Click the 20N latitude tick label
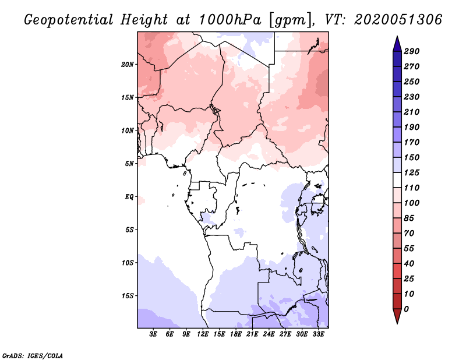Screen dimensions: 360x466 pyautogui.click(x=128, y=64)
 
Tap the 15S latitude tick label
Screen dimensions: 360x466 pyautogui.click(x=128, y=296)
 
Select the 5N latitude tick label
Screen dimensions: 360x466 pyautogui.click(x=129, y=164)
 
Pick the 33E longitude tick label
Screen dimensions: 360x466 pyautogui.click(x=319, y=334)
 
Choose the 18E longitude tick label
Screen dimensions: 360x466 pyautogui.click(x=236, y=334)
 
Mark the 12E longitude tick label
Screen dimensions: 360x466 pyautogui.click(x=203, y=334)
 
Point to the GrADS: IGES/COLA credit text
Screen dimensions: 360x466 pyautogui.click(x=33, y=355)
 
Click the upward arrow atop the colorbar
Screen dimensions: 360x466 pyautogui.click(x=396, y=43)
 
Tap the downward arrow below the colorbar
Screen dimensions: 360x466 pyautogui.click(x=396, y=316)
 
